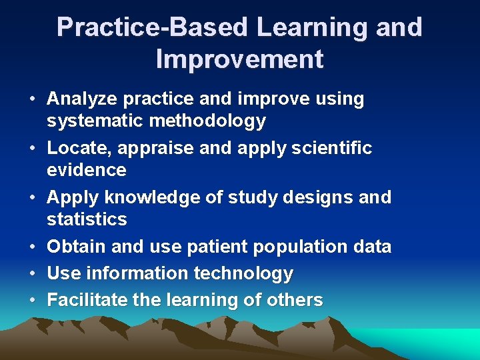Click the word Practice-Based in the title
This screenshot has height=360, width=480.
[x=153, y=27]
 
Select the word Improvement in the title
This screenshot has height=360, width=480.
[x=239, y=59]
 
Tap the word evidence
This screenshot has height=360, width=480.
[x=86, y=170]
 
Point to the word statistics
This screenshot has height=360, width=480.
[x=87, y=219]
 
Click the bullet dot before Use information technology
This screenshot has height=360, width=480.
[x=32, y=273]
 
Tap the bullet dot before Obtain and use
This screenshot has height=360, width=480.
[x=32, y=247]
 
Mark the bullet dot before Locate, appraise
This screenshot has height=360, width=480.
[x=32, y=148]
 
